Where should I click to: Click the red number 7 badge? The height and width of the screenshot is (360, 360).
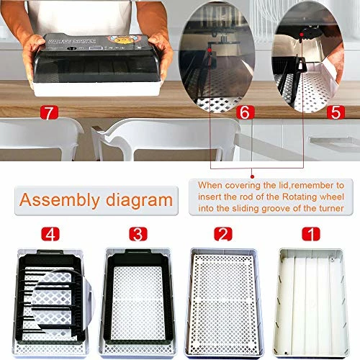coord(49,114)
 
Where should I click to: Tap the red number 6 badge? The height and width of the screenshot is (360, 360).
coord(243,113)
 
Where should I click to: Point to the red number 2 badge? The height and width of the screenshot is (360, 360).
coord(224,234)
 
